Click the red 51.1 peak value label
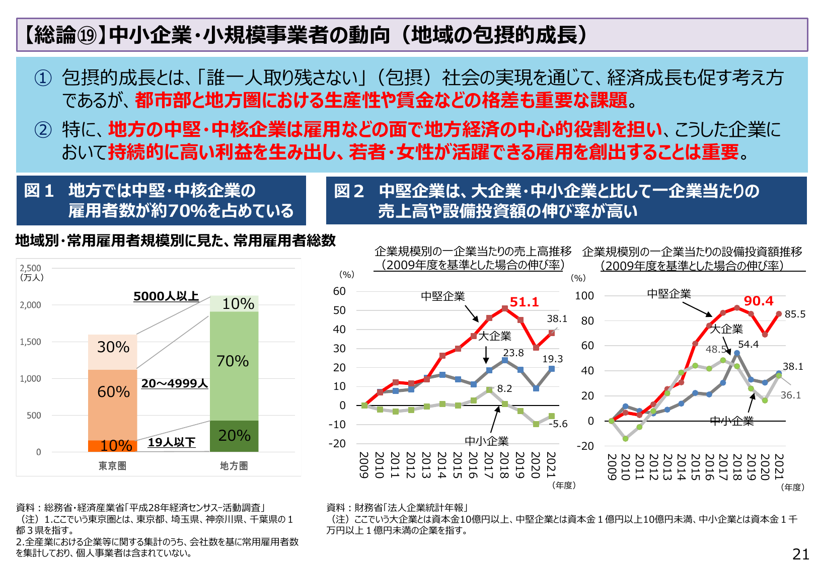coord(524,302)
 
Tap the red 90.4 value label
coord(758,301)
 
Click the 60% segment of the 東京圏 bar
coord(113,392)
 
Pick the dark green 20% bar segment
coord(234,436)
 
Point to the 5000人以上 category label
coord(166,296)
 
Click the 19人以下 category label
coord(172,442)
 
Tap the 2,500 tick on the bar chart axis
coord(30,268)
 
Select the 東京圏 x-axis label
coord(112,466)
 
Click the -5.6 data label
coord(558,424)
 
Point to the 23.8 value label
coord(513,353)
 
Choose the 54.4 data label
coord(748,345)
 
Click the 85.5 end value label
coord(795,314)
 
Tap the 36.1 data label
coord(790,395)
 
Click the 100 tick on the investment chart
coord(584,296)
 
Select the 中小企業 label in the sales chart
coord(486,441)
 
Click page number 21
coord(800,554)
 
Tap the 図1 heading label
coord(39,191)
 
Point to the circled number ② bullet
coord(43,130)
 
